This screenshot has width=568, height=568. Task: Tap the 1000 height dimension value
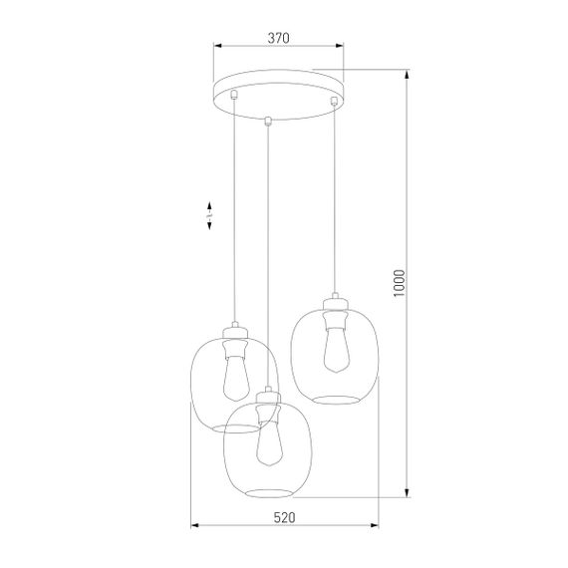[398, 285]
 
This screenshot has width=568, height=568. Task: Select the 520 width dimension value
[284, 518]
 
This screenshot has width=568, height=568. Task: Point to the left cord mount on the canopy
[234, 96]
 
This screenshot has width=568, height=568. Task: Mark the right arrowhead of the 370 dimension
[340, 46]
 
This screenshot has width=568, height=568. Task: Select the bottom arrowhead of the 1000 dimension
[407, 494]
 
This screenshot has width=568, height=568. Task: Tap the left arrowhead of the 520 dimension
[193, 525]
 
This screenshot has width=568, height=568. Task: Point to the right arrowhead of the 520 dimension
[376, 525]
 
